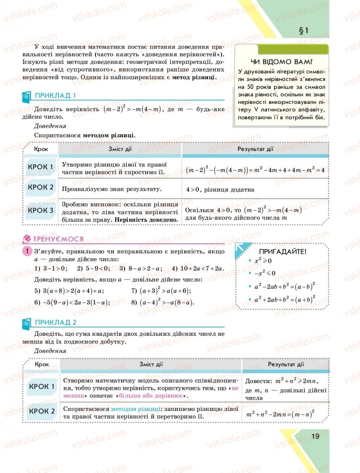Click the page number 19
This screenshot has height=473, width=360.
pos(315,436)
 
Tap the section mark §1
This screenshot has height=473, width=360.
pos(302,31)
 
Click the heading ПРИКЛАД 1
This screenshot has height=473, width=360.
pos(55,95)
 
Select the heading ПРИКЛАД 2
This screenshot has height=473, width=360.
pos(55,322)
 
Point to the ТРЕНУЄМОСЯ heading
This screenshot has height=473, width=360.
pos(58,239)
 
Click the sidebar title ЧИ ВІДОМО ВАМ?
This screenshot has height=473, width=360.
pos(282,62)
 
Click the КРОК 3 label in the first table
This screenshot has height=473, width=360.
pos(40,210)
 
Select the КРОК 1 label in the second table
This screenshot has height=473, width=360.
pos(41,386)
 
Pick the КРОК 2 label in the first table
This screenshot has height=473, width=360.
pos(40,187)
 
